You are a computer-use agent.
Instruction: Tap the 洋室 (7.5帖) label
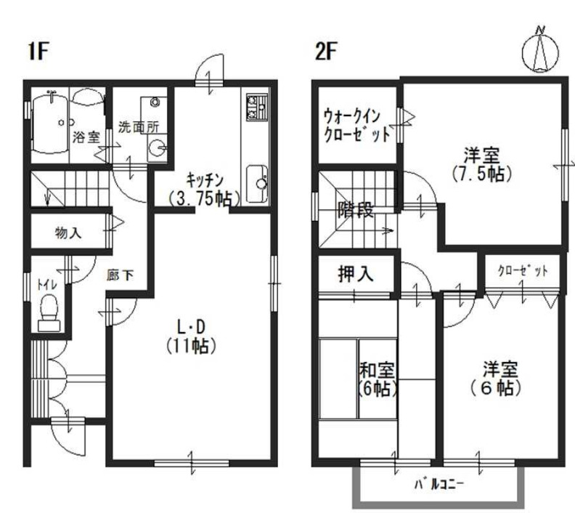pyautogui.click(x=481, y=164)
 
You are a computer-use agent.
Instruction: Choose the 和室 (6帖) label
pyautogui.click(x=378, y=378)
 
